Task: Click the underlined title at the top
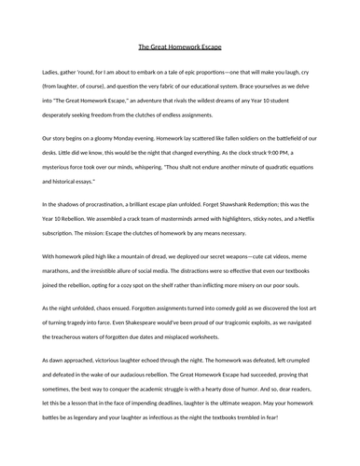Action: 180,47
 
